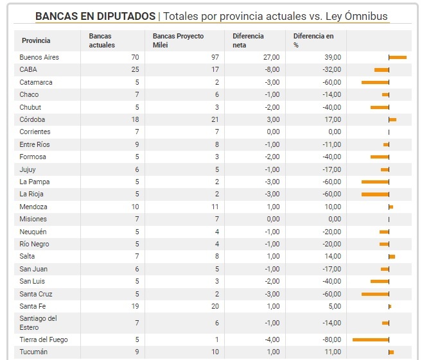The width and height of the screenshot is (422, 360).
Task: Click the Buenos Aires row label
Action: (39, 57)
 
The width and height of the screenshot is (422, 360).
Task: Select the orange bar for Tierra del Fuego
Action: (371, 339)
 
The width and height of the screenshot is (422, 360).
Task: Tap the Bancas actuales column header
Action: (102, 40)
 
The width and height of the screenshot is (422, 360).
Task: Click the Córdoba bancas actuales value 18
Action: (135, 119)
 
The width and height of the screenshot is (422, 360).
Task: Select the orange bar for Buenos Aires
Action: (398, 57)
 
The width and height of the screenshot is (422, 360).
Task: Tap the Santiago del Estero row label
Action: (39, 323)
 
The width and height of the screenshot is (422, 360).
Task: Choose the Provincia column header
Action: (36, 40)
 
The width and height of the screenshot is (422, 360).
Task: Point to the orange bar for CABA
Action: (382, 69)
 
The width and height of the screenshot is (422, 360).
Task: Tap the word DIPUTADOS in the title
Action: (122, 16)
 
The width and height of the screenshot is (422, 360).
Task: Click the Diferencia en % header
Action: (313, 40)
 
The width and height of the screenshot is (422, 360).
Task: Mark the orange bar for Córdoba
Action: (392, 119)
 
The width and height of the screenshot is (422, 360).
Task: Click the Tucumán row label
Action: (33, 352)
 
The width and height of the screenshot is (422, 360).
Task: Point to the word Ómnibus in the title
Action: (364, 16)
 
